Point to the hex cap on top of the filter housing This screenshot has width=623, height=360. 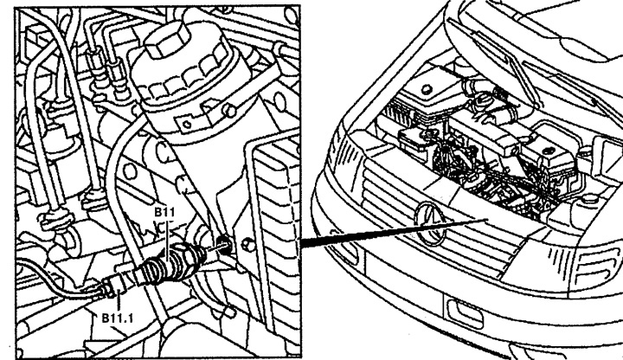pos(170,38)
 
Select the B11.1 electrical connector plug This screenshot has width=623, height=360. pos(117,283)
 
